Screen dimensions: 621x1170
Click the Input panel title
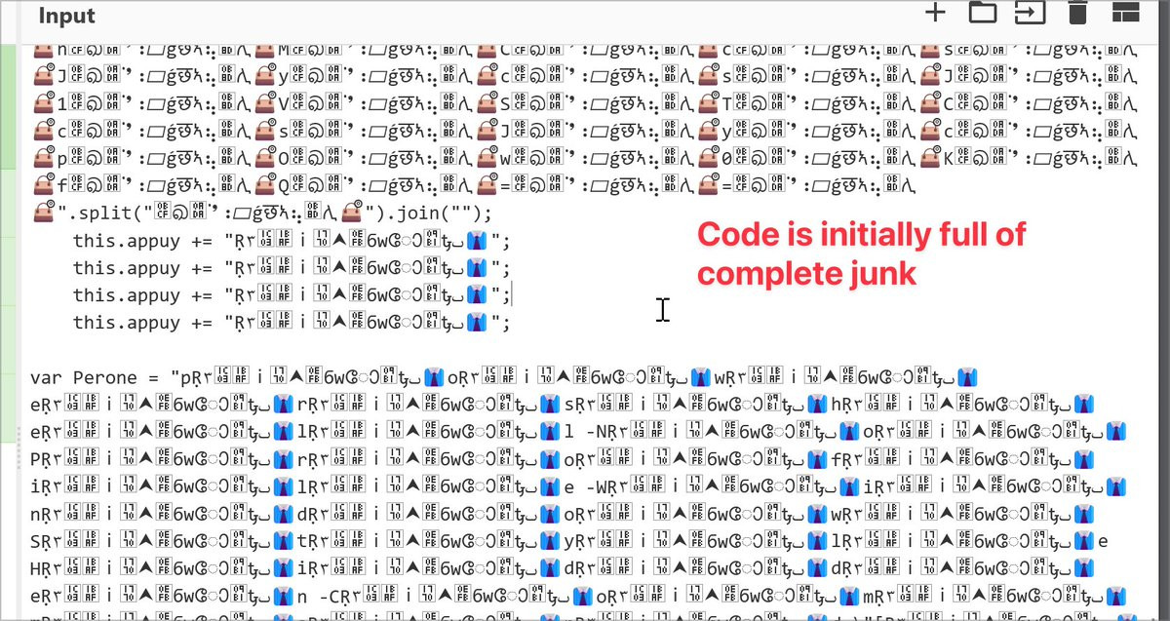[x=67, y=17]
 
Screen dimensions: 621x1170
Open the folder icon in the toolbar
[x=982, y=12]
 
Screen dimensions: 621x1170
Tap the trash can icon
[x=1077, y=12]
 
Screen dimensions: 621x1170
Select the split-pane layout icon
[x=1126, y=12]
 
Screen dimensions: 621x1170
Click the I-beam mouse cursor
[x=662, y=310]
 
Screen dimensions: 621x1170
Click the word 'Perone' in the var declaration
[x=105, y=377]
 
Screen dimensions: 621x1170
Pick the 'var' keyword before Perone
[x=46, y=377]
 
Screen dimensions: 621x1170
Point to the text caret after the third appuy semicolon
[x=513, y=295]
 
